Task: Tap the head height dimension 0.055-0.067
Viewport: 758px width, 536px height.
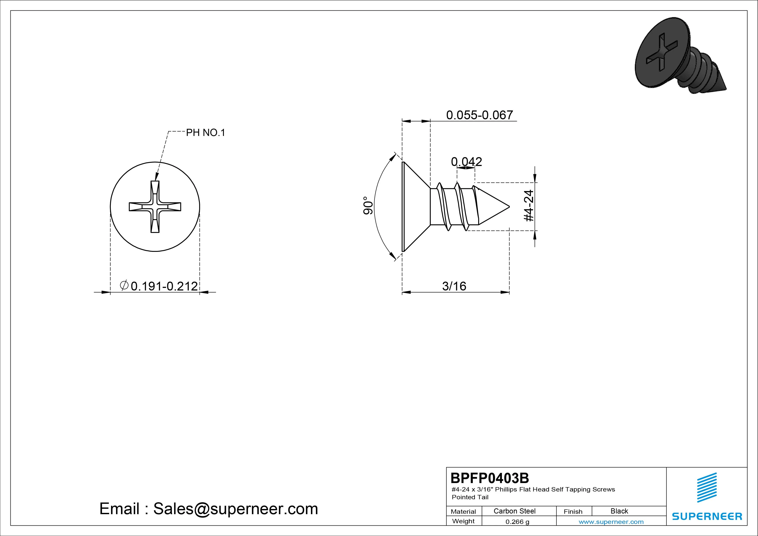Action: click(x=480, y=115)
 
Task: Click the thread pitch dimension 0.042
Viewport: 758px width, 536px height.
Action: click(x=467, y=161)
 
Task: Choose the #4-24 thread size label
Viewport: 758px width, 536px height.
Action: click(x=529, y=205)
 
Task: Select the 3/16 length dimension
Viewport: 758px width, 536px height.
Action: click(x=454, y=286)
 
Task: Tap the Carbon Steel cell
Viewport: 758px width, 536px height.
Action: click(x=514, y=511)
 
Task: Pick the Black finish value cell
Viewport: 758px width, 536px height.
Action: click(x=619, y=511)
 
